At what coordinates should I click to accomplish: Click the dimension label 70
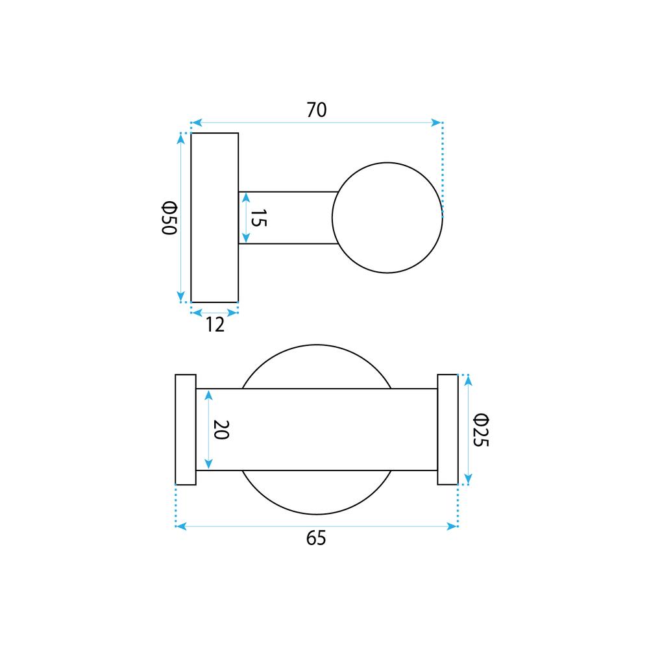[317, 110]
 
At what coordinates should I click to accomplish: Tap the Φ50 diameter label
[169, 218]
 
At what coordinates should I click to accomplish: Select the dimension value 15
[259, 218]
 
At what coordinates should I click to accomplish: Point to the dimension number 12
[215, 324]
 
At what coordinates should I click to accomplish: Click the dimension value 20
[221, 430]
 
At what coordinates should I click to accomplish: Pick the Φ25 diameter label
[481, 430]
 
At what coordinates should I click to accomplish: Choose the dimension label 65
[316, 538]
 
